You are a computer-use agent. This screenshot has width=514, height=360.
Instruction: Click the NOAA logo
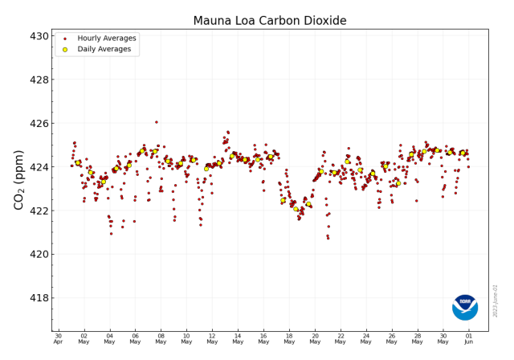click(x=465, y=307)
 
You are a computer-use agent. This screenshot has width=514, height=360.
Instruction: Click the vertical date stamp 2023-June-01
click(x=496, y=300)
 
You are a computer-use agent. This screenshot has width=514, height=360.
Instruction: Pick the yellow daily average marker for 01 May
click(x=78, y=163)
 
